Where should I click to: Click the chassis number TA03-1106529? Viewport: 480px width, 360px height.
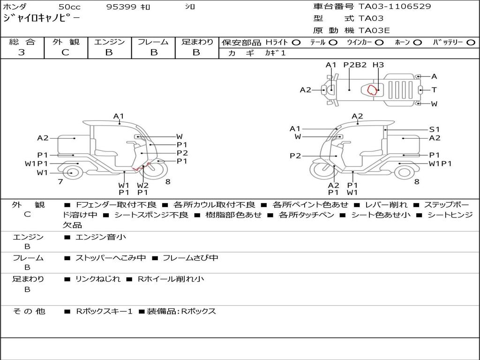coord(395,7)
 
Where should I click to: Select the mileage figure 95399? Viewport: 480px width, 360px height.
coord(121,7)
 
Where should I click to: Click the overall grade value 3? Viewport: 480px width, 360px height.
coord(22,52)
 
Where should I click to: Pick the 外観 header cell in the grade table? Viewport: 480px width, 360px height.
coord(66,42)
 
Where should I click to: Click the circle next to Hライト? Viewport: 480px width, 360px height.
coord(296,43)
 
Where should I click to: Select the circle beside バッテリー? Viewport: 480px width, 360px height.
coord(471,43)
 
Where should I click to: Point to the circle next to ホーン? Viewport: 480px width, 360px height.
coord(417,43)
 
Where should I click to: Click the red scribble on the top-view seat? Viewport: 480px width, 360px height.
coord(372,90)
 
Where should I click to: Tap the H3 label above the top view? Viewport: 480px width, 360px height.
coord(378,65)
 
